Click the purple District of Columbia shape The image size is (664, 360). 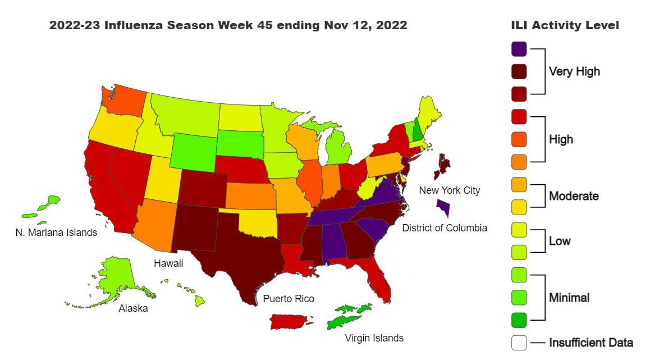[443, 208]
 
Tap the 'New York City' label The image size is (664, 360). [450, 190]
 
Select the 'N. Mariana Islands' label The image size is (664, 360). [56, 232]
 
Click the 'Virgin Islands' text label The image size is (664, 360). [374, 338]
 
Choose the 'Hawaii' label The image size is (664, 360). [168, 263]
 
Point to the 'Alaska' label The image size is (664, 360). [133, 308]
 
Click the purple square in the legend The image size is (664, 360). [519, 48]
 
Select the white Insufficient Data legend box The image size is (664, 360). [519, 343]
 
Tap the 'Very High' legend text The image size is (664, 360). [574, 71]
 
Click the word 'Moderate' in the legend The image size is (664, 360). [573, 196]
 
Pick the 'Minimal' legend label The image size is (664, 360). [569, 298]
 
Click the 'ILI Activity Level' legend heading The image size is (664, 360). [565, 26]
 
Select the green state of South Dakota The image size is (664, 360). [239, 143]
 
